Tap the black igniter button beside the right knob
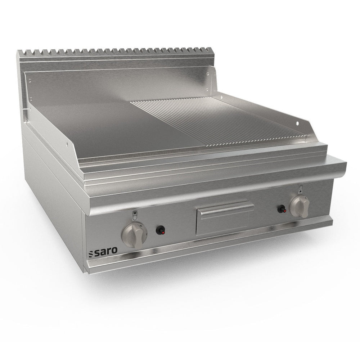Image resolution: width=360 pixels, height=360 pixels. tap(282, 209)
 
